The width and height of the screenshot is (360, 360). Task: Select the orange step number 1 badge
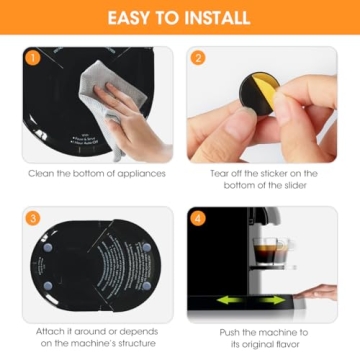[x=32, y=58]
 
